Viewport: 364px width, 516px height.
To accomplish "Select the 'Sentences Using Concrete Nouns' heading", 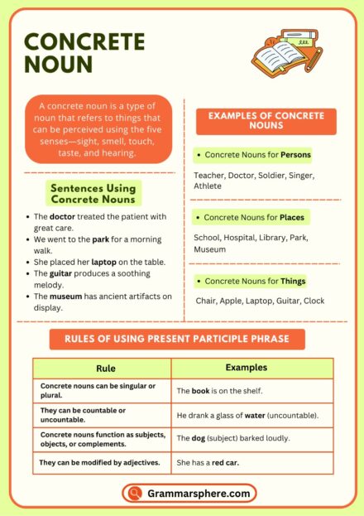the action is point(93,194).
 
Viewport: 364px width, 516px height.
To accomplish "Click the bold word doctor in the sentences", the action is point(63,217).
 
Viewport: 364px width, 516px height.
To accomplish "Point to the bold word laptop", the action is point(103,262).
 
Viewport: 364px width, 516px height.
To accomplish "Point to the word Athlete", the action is point(208,186).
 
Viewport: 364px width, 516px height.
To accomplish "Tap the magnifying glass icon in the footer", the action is point(134,494).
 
